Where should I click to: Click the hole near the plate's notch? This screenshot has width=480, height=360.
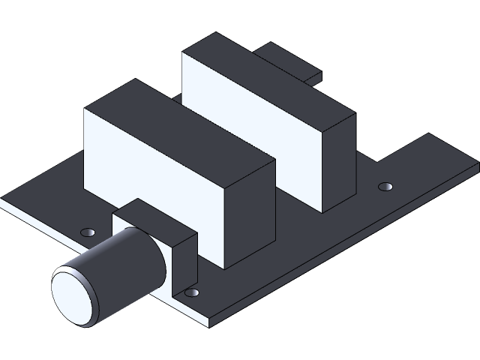(385, 185)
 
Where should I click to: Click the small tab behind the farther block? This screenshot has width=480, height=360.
(289, 60)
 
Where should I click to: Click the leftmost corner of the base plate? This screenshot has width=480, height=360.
(2, 200)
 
